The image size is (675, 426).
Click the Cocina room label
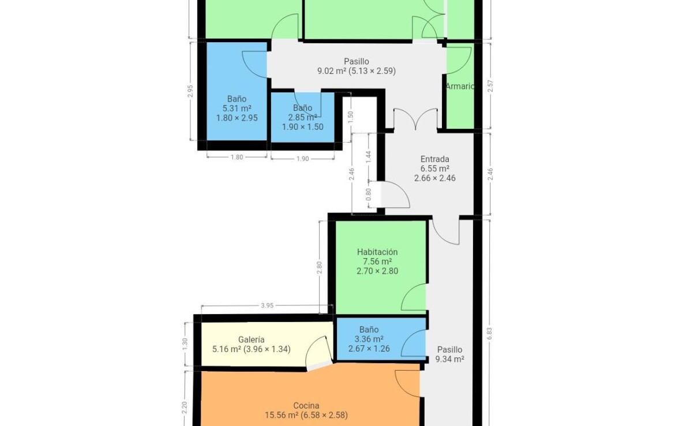[306, 405]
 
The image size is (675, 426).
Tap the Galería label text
[252, 339]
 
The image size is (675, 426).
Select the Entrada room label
[435, 159]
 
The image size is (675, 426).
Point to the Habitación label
[377, 252]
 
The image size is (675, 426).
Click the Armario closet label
[460, 86]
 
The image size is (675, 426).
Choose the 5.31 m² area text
[237, 108]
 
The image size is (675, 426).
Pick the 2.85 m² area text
[303, 117]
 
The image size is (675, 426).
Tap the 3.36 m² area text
[369, 339]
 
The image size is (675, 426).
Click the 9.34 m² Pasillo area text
[450, 359]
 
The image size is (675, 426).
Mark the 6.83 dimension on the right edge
[489, 334]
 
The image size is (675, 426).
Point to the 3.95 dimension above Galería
[267, 305]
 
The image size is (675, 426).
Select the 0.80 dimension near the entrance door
[369, 195]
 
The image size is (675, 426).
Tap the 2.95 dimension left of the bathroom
[190, 91]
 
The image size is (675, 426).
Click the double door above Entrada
[415, 119]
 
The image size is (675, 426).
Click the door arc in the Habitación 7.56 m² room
[414, 297]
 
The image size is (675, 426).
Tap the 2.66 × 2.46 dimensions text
[435, 178]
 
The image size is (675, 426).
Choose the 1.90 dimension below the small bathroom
[303, 159]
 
